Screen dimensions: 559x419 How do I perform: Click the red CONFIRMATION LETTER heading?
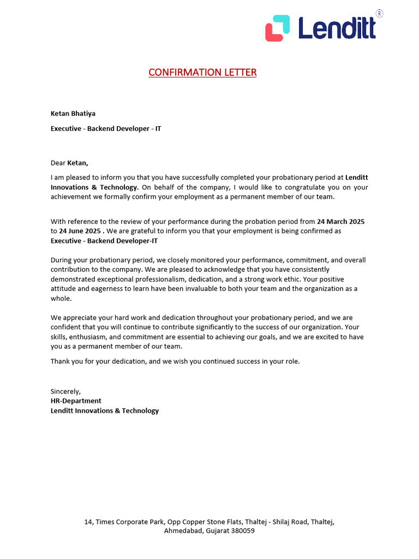(x=202, y=72)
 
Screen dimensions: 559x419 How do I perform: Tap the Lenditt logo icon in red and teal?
(x=278, y=28)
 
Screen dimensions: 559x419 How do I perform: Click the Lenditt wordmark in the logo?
(x=337, y=28)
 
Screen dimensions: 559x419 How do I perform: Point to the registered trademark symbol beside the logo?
(x=379, y=13)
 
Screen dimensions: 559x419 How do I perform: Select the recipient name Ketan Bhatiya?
(x=73, y=114)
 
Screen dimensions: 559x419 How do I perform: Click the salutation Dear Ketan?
(x=69, y=162)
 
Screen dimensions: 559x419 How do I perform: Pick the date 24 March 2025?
(x=340, y=222)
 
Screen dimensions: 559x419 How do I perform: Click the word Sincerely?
(x=65, y=391)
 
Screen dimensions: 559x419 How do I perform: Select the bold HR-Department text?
(x=76, y=401)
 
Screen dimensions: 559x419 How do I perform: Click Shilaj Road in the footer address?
(x=287, y=522)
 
